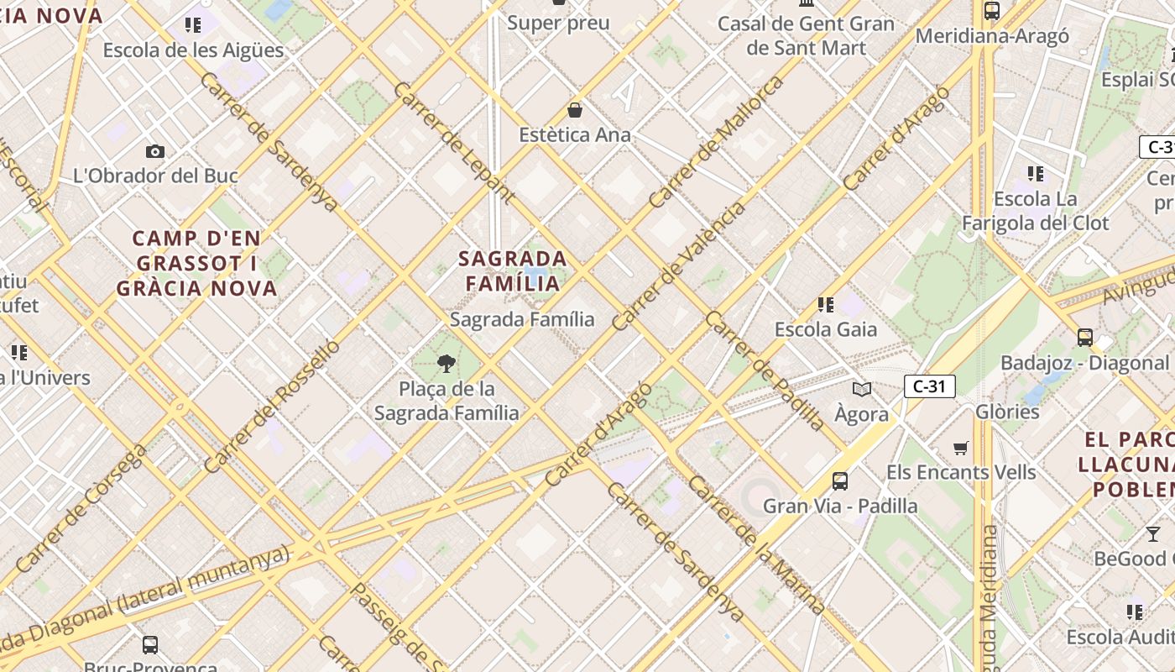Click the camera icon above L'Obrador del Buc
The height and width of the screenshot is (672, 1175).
pyautogui.click(x=155, y=152)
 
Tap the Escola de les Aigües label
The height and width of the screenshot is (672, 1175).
pyautogui.click(x=193, y=50)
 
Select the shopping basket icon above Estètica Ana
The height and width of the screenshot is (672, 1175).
pyautogui.click(x=575, y=110)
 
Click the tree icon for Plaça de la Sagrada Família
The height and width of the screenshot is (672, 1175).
pyautogui.click(x=446, y=364)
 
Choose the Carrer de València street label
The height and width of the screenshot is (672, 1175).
pyautogui.click(x=679, y=265)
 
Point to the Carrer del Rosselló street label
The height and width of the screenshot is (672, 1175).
pyautogui.click(x=272, y=405)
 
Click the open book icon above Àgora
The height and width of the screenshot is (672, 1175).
pyautogui.click(x=862, y=389)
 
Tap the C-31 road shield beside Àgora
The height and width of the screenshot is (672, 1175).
pyautogui.click(x=930, y=386)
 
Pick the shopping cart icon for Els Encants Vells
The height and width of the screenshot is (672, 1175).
pyautogui.click(x=961, y=449)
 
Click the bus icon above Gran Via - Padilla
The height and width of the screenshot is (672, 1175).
pyautogui.click(x=840, y=481)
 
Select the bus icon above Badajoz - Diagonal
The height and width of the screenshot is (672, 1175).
pyautogui.click(x=1085, y=338)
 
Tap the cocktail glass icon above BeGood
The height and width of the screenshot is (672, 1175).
pyautogui.click(x=1153, y=534)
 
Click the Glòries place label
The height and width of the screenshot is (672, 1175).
pyautogui.click(x=1007, y=412)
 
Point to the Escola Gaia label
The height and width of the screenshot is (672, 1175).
pyautogui.click(x=826, y=329)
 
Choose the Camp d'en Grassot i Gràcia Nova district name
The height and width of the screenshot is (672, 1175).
pyautogui.click(x=196, y=264)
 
